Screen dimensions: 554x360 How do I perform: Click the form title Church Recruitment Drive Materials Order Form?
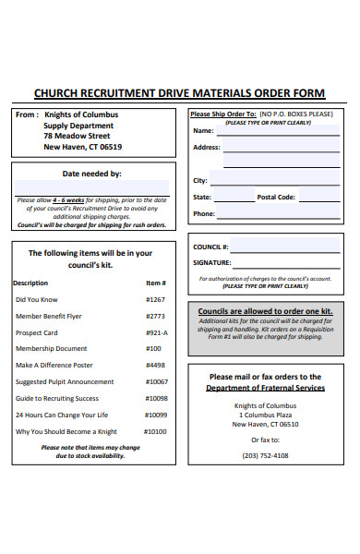(179, 92)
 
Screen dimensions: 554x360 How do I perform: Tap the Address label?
(206, 148)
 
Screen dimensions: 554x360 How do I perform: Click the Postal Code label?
(276, 197)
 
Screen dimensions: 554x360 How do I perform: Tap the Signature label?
(211, 263)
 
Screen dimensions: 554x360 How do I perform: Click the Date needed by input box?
(91, 187)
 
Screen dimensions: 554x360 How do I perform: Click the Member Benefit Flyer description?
(48, 316)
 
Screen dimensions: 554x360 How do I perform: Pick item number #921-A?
(156, 332)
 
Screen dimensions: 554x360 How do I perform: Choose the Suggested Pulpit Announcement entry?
(66, 381)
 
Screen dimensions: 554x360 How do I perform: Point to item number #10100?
(156, 431)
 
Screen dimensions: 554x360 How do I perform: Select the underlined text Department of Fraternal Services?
(265, 389)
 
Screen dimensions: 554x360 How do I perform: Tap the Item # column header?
(155, 283)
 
